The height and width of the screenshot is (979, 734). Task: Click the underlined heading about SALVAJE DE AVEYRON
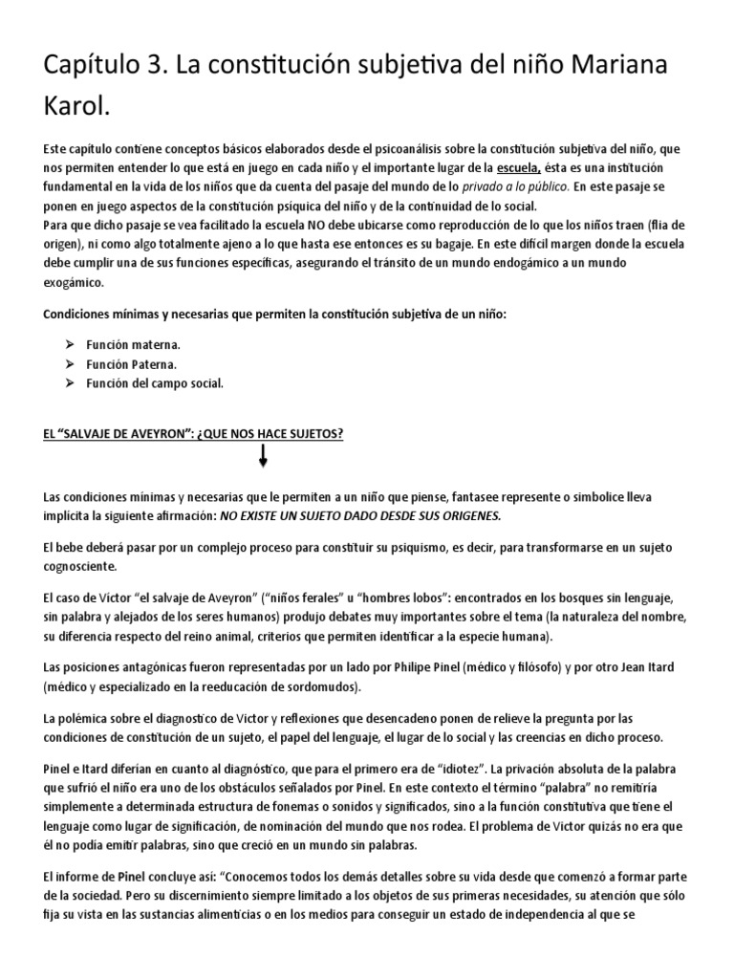pos(194,434)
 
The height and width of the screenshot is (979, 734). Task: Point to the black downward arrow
pos(263,458)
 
